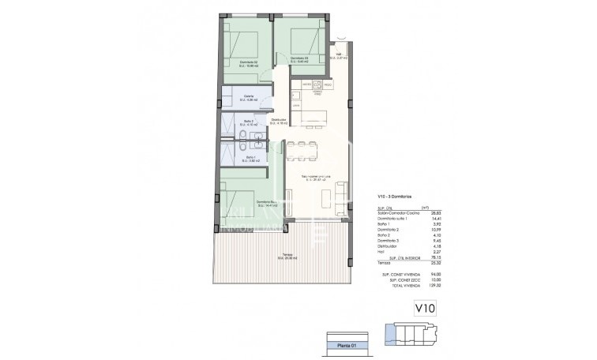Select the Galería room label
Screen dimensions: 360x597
[249, 97]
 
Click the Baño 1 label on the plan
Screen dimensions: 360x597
[250, 158]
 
